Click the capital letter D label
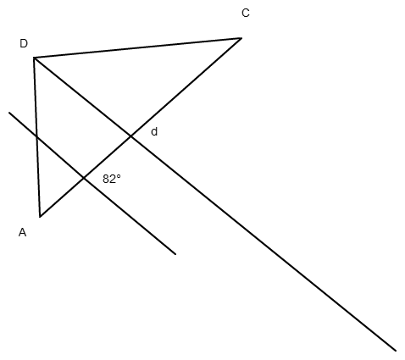point(24,43)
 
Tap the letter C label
point(246,13)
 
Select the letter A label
point(22,232)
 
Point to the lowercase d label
point(154,131)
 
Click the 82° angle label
point(112,179)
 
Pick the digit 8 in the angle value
point(106,179)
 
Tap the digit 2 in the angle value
point(113,179)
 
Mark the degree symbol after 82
point(119,176)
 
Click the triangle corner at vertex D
point(34,58)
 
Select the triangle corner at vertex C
point(241,38)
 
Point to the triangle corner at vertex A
point(40,217)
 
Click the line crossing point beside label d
point(130,136)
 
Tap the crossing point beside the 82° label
point(84,178)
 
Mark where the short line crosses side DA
point(37,137)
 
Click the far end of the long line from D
point(396,351)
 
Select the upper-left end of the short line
point(9,113)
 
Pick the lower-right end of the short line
point(175,254)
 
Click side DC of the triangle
point(138,48)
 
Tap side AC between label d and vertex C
point(186,87)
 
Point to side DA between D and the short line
point(36,97)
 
